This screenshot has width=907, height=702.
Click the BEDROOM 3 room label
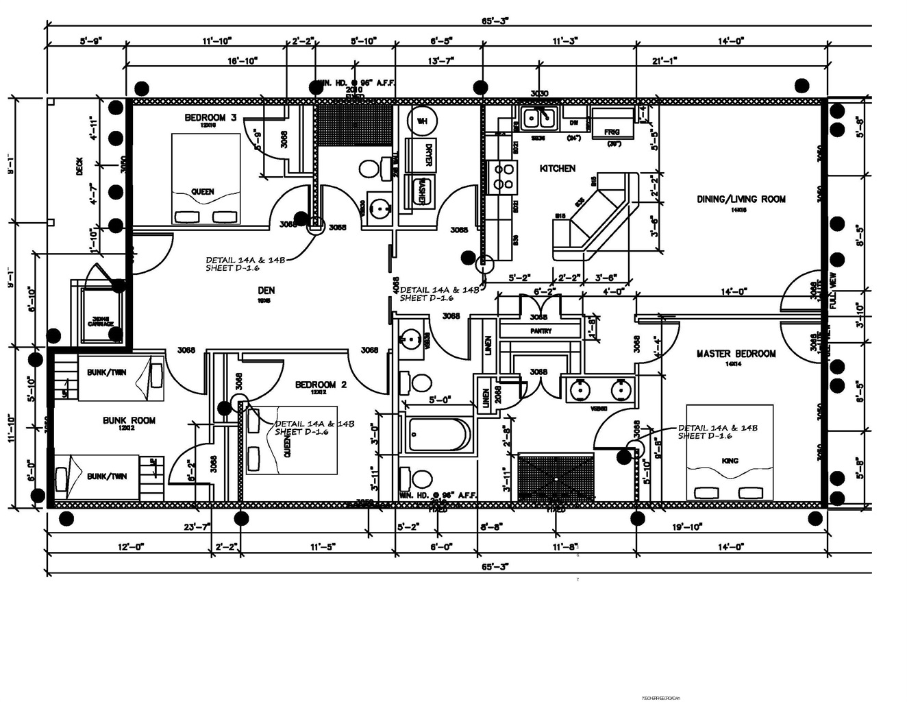(x=210, y=118)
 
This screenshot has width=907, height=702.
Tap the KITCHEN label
(x=558, y=169)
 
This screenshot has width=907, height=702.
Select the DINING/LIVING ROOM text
(x=741, y=199)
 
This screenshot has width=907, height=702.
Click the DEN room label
(x=266, y=291)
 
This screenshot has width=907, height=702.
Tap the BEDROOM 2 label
(x=321, y=385)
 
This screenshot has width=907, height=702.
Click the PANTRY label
(x=541, y=331)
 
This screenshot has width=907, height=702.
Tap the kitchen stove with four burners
(x=502, y=175)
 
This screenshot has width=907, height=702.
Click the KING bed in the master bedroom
(x=730, y=452)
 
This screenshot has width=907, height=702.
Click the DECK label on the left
(x=79, y=165)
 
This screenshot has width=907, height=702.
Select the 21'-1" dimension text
(x=664, y=61)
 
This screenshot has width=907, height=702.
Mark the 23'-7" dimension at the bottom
(x=197, y=526)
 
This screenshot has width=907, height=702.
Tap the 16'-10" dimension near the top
(x=242, y=61)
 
